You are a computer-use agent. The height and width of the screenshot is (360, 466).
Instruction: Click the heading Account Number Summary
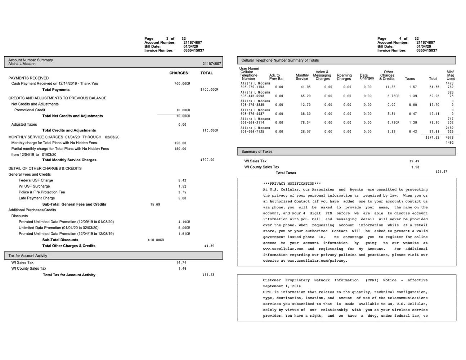click(x=31, y=60)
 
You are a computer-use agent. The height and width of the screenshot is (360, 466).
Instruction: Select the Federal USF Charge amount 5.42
click(x=182, y=180)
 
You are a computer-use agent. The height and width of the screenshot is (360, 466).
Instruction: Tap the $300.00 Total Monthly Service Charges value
click(x=207, y=160)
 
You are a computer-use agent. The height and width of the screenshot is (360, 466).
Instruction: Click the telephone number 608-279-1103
click(x=252, y=87)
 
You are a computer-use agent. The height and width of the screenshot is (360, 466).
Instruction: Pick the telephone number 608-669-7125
click(x=252, y=132)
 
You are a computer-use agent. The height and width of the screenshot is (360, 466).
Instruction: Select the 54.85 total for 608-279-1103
click(x=434, y=87)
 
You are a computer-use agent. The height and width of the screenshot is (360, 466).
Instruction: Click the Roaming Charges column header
click(x=344, y=77)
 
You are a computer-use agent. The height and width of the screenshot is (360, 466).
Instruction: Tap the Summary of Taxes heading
click(x=257, y=152)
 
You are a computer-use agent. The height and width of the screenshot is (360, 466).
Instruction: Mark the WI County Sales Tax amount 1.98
click(x=415, y=167)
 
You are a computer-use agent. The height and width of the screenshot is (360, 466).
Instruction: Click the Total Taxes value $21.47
click(x=441, y=172)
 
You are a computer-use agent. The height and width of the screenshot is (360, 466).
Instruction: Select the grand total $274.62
click(x=432, y=138)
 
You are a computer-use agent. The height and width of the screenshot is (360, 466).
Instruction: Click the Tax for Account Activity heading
click(x=28, y=256)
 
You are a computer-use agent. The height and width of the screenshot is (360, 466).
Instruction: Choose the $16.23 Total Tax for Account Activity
click(x=208, y=275)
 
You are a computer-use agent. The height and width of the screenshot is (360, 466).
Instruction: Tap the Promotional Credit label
click(x=30, y=110)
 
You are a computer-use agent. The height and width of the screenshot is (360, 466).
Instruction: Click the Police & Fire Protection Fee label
click(x=42, y=192)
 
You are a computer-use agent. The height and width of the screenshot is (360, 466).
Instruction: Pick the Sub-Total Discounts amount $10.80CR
click(x=156, y=240)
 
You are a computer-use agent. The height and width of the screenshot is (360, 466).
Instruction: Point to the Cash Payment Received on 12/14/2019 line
click(x=55, y=84)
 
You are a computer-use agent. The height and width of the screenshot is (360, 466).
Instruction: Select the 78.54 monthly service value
click(x=305, y=123)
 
